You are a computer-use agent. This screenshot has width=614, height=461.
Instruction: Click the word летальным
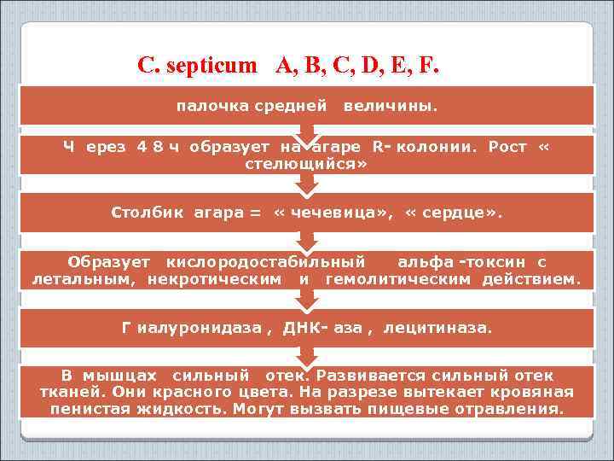click(84, 278)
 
